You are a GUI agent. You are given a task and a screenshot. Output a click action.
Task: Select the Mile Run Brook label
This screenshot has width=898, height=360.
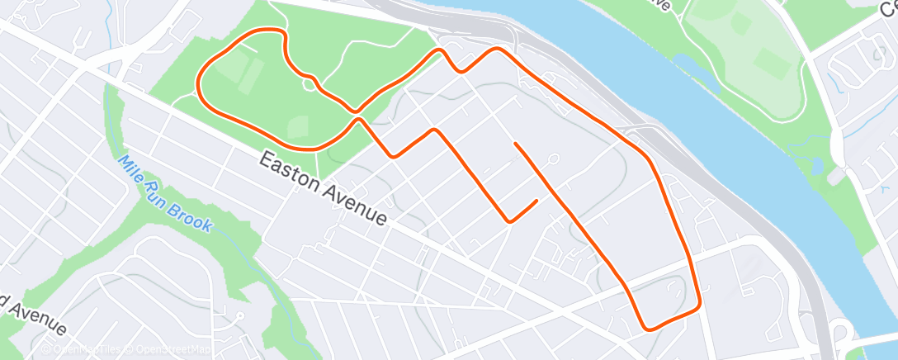tap(166, 193)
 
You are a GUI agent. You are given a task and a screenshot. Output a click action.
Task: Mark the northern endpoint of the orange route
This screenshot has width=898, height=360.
tap(515, 144)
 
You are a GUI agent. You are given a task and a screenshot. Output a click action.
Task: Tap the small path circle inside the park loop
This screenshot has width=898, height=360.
tap(309, 83)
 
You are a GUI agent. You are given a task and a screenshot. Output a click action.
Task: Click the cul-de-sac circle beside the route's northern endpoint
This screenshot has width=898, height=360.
tap(553, 159)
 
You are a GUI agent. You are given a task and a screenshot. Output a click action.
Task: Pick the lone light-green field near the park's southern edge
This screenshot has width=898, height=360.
tap(297, 127)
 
